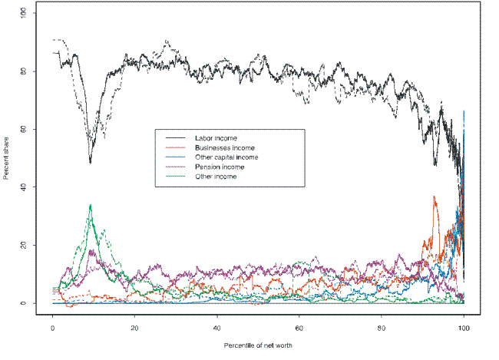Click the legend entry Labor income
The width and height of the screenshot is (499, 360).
point(216,137)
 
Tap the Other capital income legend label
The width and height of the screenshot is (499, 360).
point(226,157)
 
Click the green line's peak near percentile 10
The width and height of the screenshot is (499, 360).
point(91,205)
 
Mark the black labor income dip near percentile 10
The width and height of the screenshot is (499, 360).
point(90,163)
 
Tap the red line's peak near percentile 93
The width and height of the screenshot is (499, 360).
point(435,197)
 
